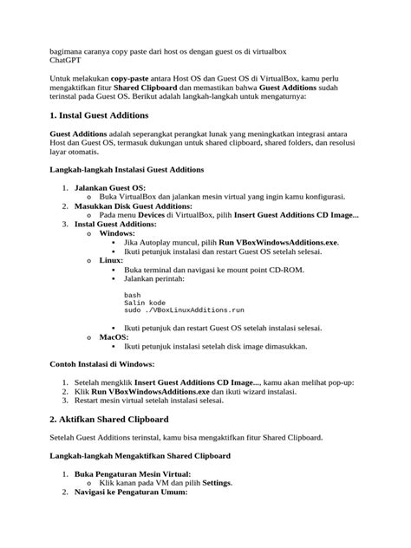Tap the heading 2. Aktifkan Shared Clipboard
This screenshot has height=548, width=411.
click(109, 419)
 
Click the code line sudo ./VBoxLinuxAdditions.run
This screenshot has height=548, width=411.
click(184, 309)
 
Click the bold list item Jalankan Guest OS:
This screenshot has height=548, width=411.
click(110, 187)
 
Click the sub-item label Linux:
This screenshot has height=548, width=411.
click(111, 259)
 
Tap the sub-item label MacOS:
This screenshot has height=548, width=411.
click(114, 336)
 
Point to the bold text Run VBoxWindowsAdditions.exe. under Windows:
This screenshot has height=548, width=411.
click(278, 242)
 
